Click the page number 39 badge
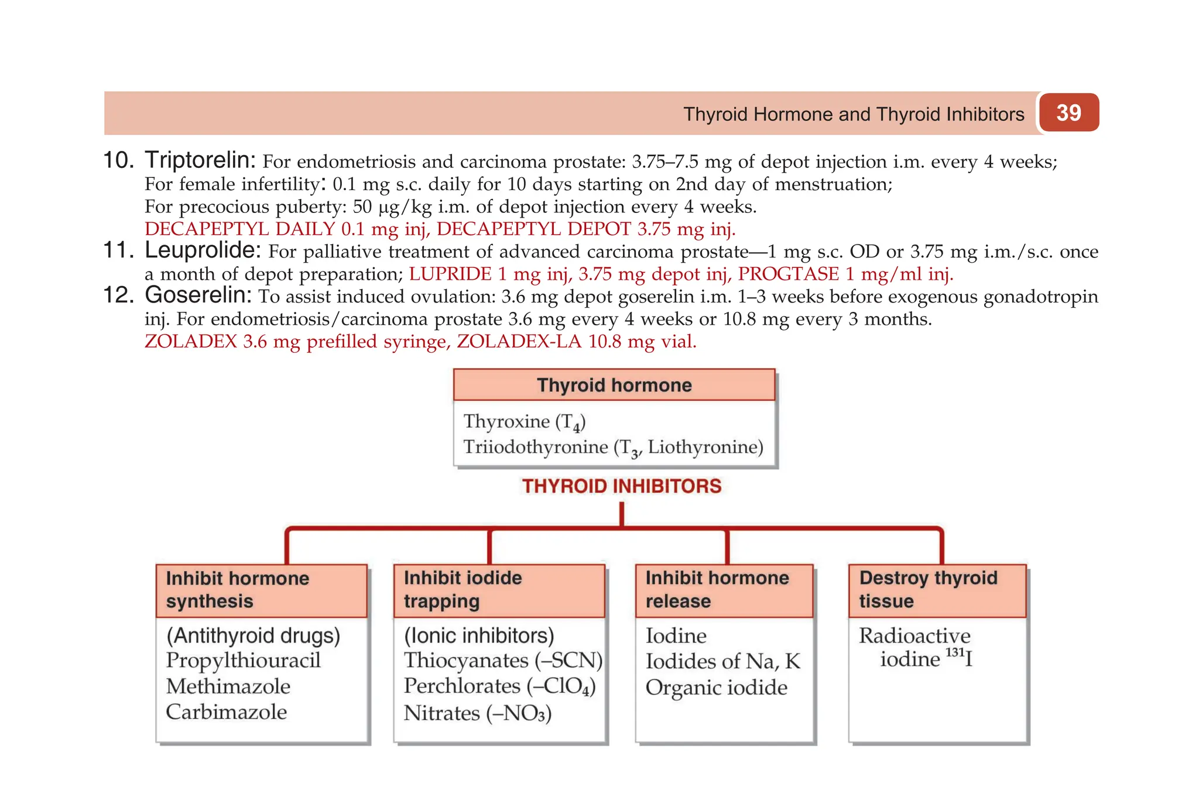tap(1068, 112)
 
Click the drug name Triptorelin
tap(200, 160)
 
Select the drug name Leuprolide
tap(202, 250)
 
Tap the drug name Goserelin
tap(198, 295)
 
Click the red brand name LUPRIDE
tap(450, 274)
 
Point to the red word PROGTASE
tap(788, 274)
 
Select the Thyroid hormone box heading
tap(614, 385)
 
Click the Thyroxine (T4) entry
tap(525, 422)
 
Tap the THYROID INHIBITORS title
tap(621, 486)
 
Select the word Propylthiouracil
tap(243, 661)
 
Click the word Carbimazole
tap(226, 712)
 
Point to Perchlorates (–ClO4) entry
tap(499, 686)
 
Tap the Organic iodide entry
tap(716, 687)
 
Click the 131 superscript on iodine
tap(954, 652)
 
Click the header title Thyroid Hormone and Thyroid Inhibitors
tap(854, 114)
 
